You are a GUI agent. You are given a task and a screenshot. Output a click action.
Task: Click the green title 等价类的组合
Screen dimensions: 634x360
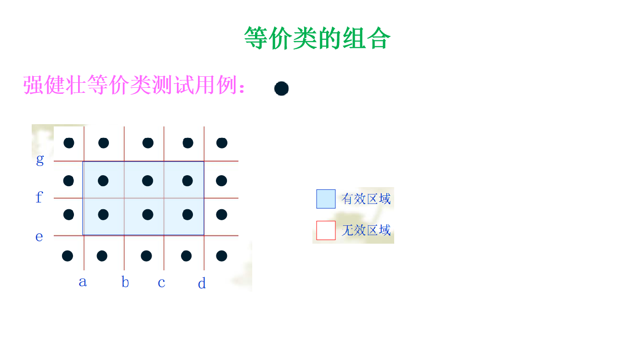(x=317, y=38)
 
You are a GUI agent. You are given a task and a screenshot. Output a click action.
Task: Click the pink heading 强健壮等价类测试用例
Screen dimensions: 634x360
(x=133, y=85)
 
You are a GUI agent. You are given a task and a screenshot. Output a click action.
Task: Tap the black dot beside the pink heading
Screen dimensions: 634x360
(x=281, y=88)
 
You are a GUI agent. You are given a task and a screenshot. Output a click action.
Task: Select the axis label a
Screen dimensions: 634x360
(x=83, y=281)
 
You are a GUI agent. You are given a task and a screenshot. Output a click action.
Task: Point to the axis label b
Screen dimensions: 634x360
(x=125, y=282)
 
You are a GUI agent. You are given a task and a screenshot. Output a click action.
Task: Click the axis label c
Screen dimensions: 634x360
(x=161, y=282)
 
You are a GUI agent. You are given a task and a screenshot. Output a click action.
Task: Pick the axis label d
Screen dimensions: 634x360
(x=202, y=283)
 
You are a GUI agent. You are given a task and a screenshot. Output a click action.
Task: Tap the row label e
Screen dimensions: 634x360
(x=40, y=237)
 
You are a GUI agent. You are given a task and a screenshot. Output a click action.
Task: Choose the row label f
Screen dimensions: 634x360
(x=39, y=198)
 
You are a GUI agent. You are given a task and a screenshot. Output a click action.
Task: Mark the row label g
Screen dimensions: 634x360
(x=40, y=160)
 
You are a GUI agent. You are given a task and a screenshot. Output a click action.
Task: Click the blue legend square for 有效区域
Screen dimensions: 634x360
(x=326, y=199)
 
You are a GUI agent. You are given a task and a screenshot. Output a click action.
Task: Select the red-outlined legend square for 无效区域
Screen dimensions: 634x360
(x=326, y=230)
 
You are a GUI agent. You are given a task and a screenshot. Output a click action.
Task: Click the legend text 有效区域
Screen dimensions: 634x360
(x=366, y=199)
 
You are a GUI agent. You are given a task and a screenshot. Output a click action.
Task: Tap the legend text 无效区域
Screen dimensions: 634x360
(x=366, y=230)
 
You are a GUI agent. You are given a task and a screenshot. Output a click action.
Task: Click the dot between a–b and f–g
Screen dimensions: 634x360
(x=103, y=181)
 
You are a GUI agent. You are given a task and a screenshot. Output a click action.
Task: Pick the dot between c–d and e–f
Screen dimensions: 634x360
(x=187, y=214)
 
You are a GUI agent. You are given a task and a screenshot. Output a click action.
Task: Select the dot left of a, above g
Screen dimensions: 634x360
(x=69, y=143)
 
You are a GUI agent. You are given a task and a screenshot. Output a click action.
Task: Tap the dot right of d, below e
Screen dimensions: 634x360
(x=221, y=256)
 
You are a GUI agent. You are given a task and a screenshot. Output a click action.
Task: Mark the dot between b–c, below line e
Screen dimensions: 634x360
(x=147, y=256)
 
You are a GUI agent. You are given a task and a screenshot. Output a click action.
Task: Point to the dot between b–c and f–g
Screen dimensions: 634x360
(x=147, y=181)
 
